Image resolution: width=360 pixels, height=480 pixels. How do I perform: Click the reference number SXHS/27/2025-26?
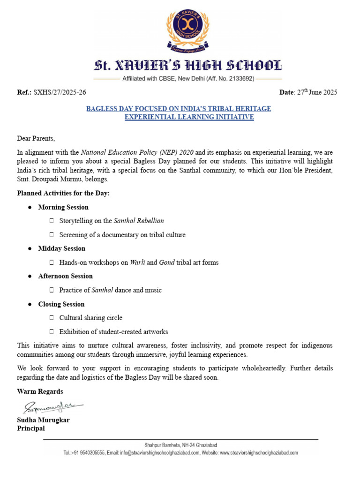[60, 92]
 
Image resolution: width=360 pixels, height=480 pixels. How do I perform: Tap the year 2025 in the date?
[329, 92]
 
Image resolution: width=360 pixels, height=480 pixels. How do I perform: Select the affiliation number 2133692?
[239, 79]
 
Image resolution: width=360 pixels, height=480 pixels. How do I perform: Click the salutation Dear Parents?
[36, 138]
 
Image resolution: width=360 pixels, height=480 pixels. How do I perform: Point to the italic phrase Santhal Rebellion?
[139, 220]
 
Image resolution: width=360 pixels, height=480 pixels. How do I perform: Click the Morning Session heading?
[63, 207]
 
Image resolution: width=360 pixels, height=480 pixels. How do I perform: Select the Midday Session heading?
[62, 248]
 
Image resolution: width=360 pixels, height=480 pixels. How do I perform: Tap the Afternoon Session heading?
[66, 276]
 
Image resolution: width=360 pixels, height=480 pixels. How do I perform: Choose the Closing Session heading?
[61, 304]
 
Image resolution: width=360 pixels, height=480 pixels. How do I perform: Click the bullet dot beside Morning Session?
[30, 207]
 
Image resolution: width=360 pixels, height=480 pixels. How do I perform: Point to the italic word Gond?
[167, 262]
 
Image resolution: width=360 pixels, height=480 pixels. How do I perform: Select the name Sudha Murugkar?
[43, 420]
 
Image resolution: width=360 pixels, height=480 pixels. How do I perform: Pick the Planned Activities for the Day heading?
[63, 193]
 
